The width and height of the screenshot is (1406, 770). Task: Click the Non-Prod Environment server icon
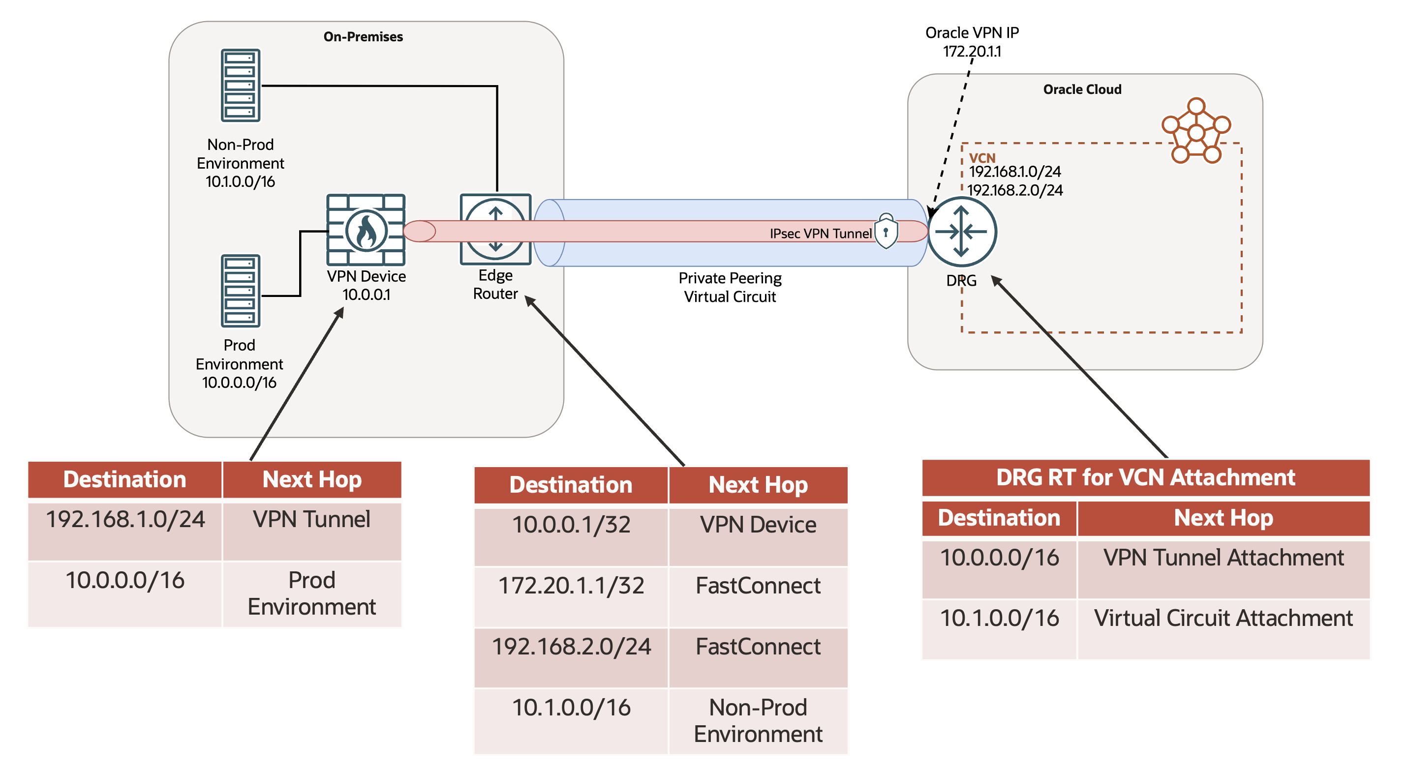[x=240, y=85]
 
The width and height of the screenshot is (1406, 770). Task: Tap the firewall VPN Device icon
[x=365, y=230]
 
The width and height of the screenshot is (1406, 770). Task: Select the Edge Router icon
[x=495, y=230]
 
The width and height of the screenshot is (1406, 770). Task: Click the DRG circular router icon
[x=961, y=232]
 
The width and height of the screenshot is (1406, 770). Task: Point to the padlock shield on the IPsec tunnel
[x=886, y=232]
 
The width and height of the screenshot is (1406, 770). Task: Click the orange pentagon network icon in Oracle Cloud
[x=1195, y=131]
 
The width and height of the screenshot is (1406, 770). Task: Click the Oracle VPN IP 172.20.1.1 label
[x=972, y=42]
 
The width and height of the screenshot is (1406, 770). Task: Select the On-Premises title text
[x=363, y=36]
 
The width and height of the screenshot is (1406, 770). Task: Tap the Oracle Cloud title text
[x=1082, y=89]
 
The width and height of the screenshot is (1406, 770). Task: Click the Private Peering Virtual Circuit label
[x=730, y=287]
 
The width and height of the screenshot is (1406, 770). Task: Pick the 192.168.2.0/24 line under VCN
[x=1015, y=190]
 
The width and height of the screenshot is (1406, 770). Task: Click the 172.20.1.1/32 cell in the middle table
[x=571, y=586]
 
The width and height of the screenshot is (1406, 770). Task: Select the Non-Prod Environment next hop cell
[x=758, y=720]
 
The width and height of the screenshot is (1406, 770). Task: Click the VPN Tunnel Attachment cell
[x=1223, y=558]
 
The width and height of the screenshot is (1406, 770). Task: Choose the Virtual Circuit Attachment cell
[x=1223, y=618]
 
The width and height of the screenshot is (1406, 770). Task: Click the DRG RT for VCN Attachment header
[x=1145, y=477]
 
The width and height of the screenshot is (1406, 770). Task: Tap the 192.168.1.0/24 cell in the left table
[x=125, y=520]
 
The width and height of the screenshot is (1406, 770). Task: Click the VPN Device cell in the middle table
[x=758, y=525]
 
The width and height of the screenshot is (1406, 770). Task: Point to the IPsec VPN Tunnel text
[x=821, y=234]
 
